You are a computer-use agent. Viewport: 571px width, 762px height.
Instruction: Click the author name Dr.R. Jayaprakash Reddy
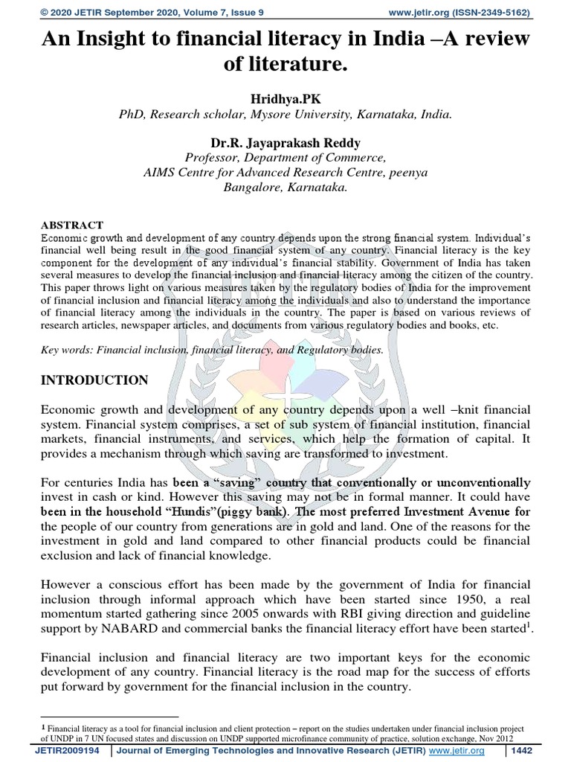pyautogui.click(x=285, y=141)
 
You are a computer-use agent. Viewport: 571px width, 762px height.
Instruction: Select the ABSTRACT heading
pyautogui.click(x=71, y=225)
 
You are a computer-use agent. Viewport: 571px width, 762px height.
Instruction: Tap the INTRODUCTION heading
pyautogui.click(x=94, y=380)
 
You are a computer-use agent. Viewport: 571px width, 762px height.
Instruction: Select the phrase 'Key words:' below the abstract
pyautogui.click(x=66, y=349)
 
